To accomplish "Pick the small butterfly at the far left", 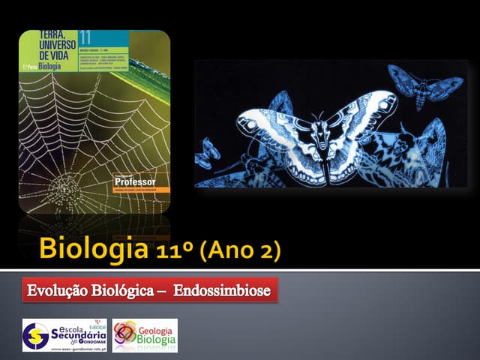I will click(x=205, y=154).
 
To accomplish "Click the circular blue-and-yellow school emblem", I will click(x=36, y=335).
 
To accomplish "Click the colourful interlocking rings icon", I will click(x=125, y=334).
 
